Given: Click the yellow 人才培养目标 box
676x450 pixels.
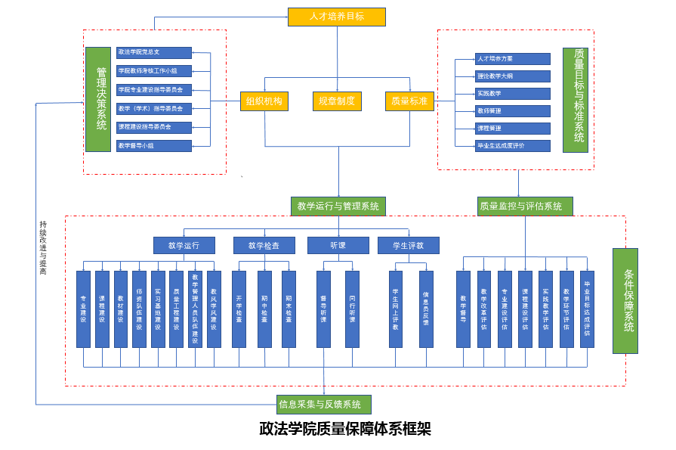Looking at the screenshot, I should click(x=336, y=17).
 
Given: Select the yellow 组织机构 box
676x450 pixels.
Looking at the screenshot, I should click(x=264, y=101).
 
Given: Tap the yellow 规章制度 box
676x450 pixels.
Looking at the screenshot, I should click(x=337, y=101).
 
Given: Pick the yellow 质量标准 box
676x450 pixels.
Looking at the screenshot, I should click(x=409, y=101).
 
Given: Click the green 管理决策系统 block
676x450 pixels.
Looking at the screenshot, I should click(x=98, y=99).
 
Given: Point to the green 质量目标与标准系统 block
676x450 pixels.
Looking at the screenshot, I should click(x=576, y=100).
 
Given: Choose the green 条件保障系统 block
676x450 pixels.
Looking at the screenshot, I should click(x=625, y=301).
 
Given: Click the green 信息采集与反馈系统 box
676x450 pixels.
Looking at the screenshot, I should click(x=324, y=405).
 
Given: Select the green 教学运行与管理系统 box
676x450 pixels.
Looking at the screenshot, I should click(x=338, y=206).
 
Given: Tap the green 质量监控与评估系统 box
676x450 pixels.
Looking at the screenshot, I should click(x=525, y=206).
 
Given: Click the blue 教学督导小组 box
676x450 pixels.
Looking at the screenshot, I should click(x=154, y=146).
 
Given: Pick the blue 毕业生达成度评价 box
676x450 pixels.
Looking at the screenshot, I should click(x=512, y=146).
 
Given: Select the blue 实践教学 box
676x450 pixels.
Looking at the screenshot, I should click(x=512, y=94).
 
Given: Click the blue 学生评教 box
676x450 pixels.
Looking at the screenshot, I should click(x=408, y=245).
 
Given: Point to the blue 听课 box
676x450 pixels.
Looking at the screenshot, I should click(x=338, y=245).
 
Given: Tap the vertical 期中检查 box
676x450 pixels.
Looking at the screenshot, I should click(x=264, y=309).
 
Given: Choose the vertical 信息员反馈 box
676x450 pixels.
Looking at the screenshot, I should click(x=426, y=309).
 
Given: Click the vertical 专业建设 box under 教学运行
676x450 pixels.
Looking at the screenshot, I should click(x=83, y=309).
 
